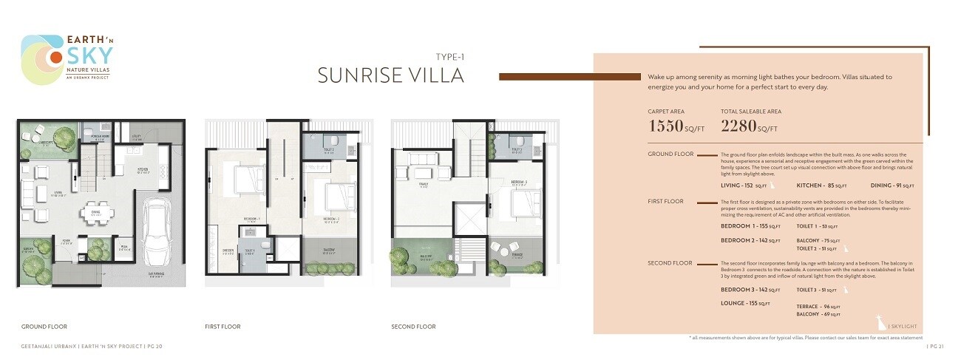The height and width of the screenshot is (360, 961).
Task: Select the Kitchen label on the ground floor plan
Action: [x=143, y=169]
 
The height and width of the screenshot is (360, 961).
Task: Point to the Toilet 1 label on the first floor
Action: [x=250, y=251]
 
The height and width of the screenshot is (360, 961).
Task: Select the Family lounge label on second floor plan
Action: [x=424, y=187]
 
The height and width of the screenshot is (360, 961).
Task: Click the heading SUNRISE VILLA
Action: [x=391, y=75]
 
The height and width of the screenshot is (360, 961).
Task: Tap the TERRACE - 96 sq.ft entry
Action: [x=818, y=306]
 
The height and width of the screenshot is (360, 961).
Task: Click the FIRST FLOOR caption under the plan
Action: [x=223, y=327]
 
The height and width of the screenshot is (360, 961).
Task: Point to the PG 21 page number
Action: [x=934, y=345]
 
